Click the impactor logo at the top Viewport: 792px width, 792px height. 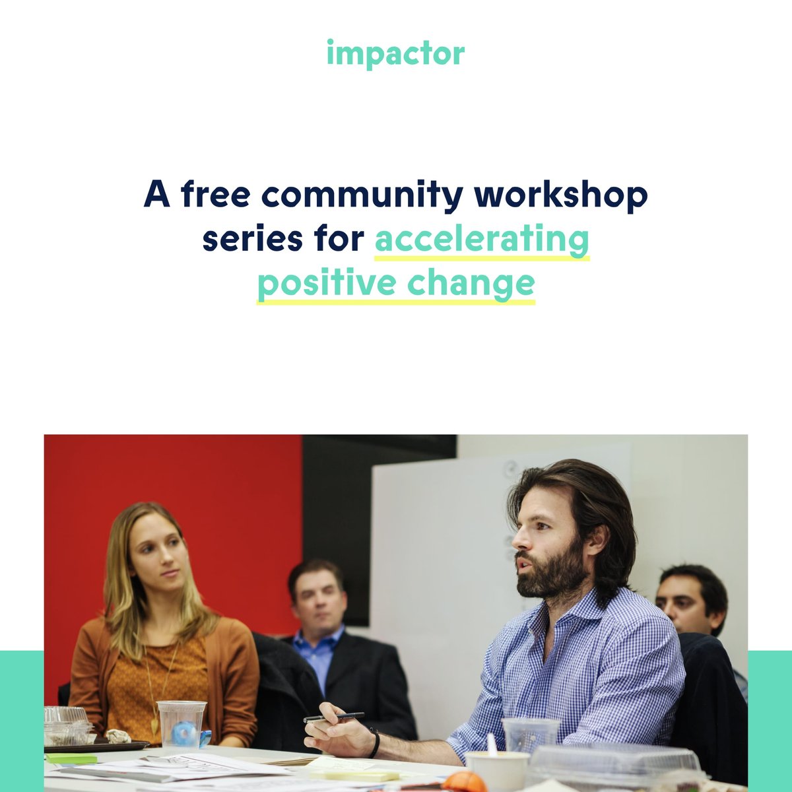(395, 54)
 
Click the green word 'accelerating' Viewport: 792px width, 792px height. (482, 240)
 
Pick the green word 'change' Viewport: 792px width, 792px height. (471, 284)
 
